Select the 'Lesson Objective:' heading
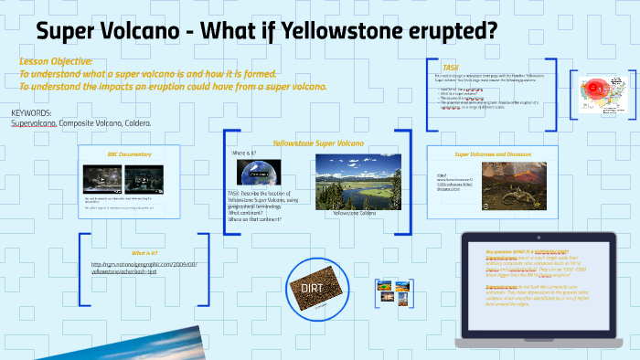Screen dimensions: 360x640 tap(56, 60)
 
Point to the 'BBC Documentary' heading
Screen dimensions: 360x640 tap(126, 154)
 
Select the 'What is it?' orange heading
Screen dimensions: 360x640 tap(144, 252)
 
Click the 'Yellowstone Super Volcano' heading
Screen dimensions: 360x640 tap(317, 143)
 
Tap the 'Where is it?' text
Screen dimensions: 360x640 tap(245, 153)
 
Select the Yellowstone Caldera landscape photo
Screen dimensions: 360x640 tap(352, 180)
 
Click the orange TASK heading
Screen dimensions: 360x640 tap(451, 67)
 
